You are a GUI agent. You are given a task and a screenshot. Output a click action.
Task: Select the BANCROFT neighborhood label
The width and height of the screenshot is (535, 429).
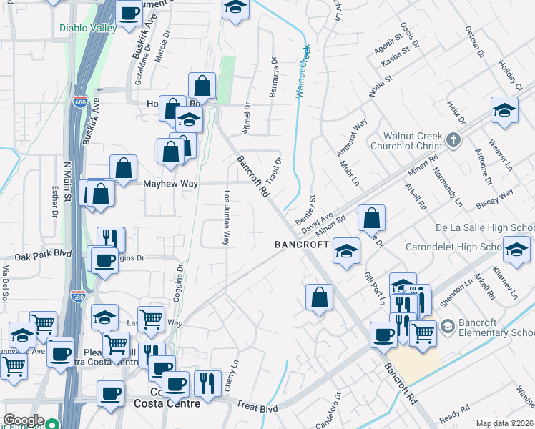click(302, 245)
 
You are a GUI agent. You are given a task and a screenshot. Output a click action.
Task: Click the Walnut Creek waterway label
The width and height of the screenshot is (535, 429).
click(303, 71)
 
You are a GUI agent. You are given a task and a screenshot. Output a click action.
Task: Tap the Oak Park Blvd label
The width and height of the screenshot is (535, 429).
click(43, 255)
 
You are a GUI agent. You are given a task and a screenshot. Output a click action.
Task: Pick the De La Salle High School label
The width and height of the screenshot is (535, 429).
click(484, 228)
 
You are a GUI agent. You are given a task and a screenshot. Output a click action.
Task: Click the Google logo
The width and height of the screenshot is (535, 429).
click(24, 420)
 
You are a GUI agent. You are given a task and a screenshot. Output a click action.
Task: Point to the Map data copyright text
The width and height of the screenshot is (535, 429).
click(505, 423)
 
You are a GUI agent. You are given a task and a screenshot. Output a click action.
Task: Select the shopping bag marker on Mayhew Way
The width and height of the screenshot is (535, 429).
click(124, 169)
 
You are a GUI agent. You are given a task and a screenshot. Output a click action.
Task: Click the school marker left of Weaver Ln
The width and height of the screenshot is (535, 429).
click(504, 111)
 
